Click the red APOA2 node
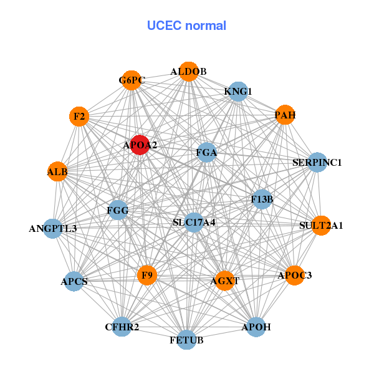point(140,145)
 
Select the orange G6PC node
point(132,80)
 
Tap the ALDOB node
point(188,71)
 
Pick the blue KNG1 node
point(237,92)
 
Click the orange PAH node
point(284,115)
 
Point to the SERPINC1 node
point(317,163)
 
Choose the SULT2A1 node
point(321,225)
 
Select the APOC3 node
point(294,275)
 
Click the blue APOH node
point(256,326)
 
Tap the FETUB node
point(186,340)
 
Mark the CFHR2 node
point(122,326)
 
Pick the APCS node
point(74,281)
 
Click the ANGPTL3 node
point(53,228)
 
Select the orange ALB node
point(57,171)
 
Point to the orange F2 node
point(79,116)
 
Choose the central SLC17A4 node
point(194,222)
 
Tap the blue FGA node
point(206,151)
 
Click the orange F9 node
point(147,275)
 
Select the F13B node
point(262,199)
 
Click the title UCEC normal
point(186,26)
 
